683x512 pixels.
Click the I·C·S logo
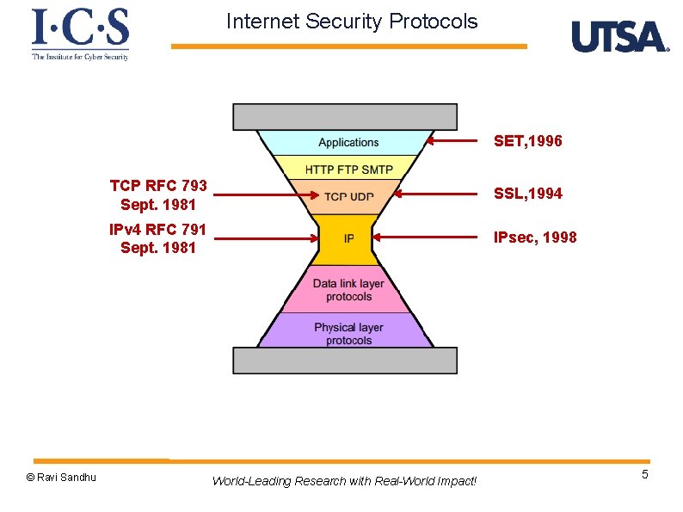point(80,34)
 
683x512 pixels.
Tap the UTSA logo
point(619,37)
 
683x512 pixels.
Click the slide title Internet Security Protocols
point(352,22)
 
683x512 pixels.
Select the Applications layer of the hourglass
point(348,143)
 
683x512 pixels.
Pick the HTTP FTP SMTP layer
point(348,168)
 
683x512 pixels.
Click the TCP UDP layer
point(348,196)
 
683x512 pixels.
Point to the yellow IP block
point(348,238)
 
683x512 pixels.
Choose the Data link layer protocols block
point(348,290)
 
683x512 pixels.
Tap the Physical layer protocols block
point(348,334)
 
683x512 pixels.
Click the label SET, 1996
point(527,141)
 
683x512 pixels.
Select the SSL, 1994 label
point(527,194)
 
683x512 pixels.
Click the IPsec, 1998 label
point(534,237)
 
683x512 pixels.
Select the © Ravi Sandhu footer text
point(61,478)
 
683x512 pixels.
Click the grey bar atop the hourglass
point(345,117)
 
